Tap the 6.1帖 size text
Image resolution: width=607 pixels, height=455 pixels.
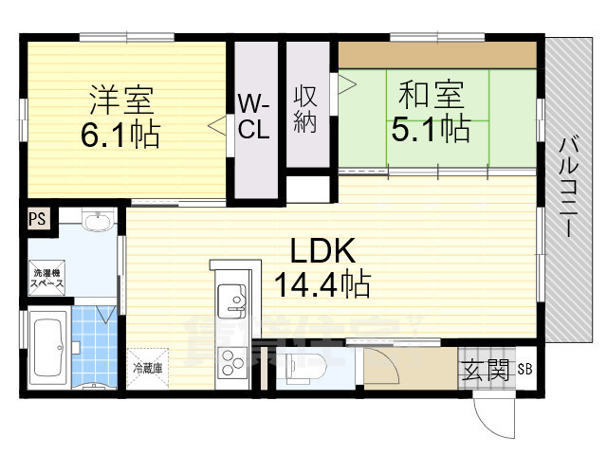[120, 133]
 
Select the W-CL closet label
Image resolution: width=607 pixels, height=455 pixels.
[253, 117]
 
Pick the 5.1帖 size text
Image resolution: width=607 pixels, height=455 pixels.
[431, 128]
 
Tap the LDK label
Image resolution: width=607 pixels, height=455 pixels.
[322, 250]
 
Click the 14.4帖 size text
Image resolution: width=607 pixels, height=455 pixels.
[322, 282]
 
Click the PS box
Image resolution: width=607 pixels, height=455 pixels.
[37, 219]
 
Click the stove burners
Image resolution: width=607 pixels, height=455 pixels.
[232, 362]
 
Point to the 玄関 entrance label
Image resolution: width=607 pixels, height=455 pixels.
[487, 368]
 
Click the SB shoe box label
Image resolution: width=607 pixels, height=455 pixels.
[524, 369]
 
